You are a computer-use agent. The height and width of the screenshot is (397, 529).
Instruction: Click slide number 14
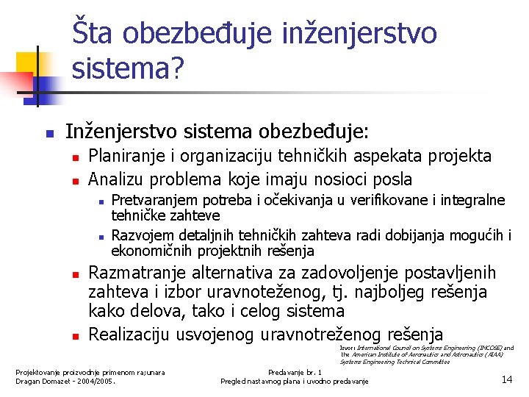pos(506,379)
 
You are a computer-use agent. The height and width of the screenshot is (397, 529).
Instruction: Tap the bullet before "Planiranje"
pos(75,157)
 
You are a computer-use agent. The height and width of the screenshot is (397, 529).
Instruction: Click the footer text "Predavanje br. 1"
pos(294,372)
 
